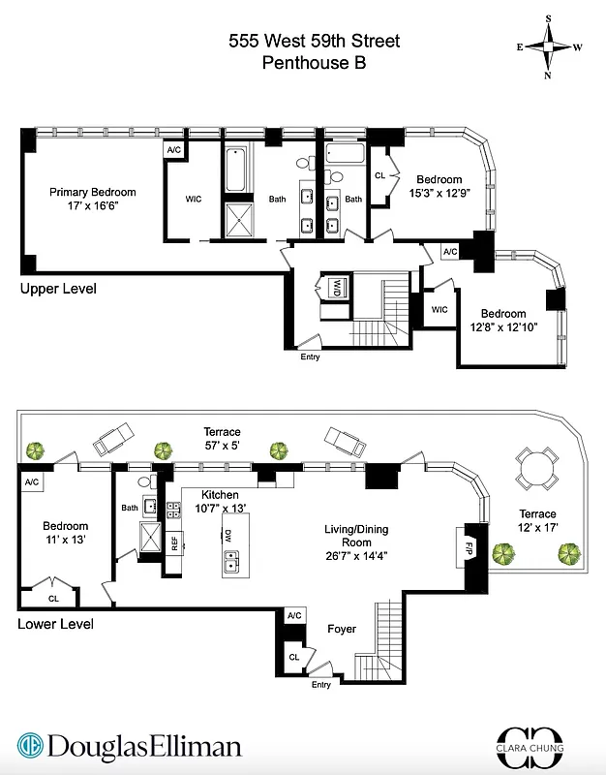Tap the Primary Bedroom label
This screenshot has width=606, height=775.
[93, 192]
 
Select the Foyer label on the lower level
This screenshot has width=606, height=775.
[341, 629]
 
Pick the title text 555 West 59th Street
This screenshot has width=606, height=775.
[314, 41]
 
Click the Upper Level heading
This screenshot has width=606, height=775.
[58, 289]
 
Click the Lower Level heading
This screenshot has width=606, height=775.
[55, 624]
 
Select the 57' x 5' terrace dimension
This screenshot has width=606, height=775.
[222, 446]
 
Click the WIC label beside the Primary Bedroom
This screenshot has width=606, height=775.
[194, 200]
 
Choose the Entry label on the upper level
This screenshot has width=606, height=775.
[310, 356]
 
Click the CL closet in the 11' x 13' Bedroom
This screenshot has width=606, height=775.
[53, 598]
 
